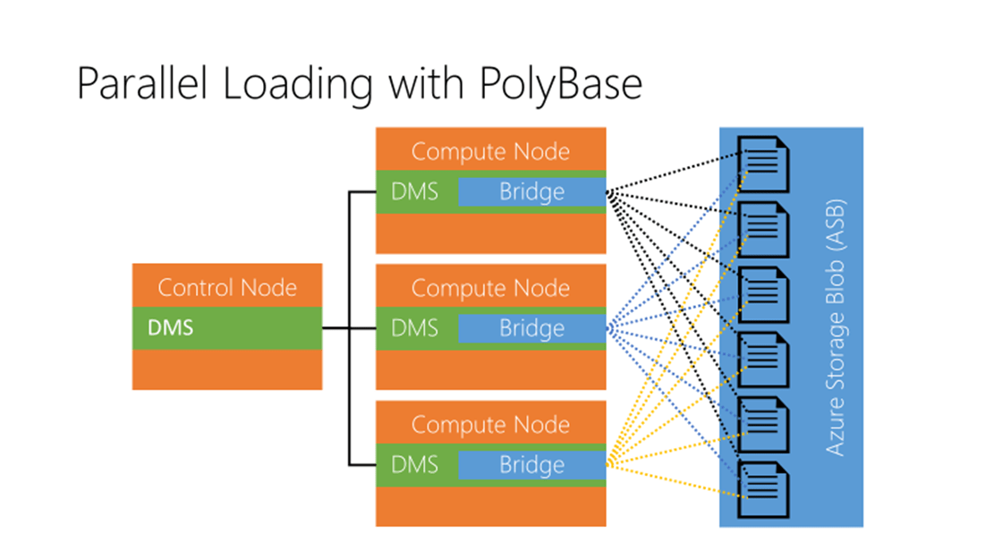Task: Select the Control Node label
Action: click(x=227, y=288)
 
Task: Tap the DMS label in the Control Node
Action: click(x=170, y=329)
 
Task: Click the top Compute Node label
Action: click(x=490, y=151)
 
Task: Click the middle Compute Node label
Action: click(x=490, y=288)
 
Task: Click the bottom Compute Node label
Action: click(x=490, y=424)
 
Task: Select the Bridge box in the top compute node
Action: click(x=532, y=191)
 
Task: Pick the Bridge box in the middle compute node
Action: click(x=532, y=328)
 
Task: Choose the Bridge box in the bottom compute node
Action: click(x=532, y=465)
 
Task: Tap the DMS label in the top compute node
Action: click(x=415, y=191)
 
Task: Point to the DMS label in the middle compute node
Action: click(x=415, y=328)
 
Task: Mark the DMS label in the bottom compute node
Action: click(x=415, y=465)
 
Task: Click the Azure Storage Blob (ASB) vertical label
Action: click(x=836, y=327)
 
